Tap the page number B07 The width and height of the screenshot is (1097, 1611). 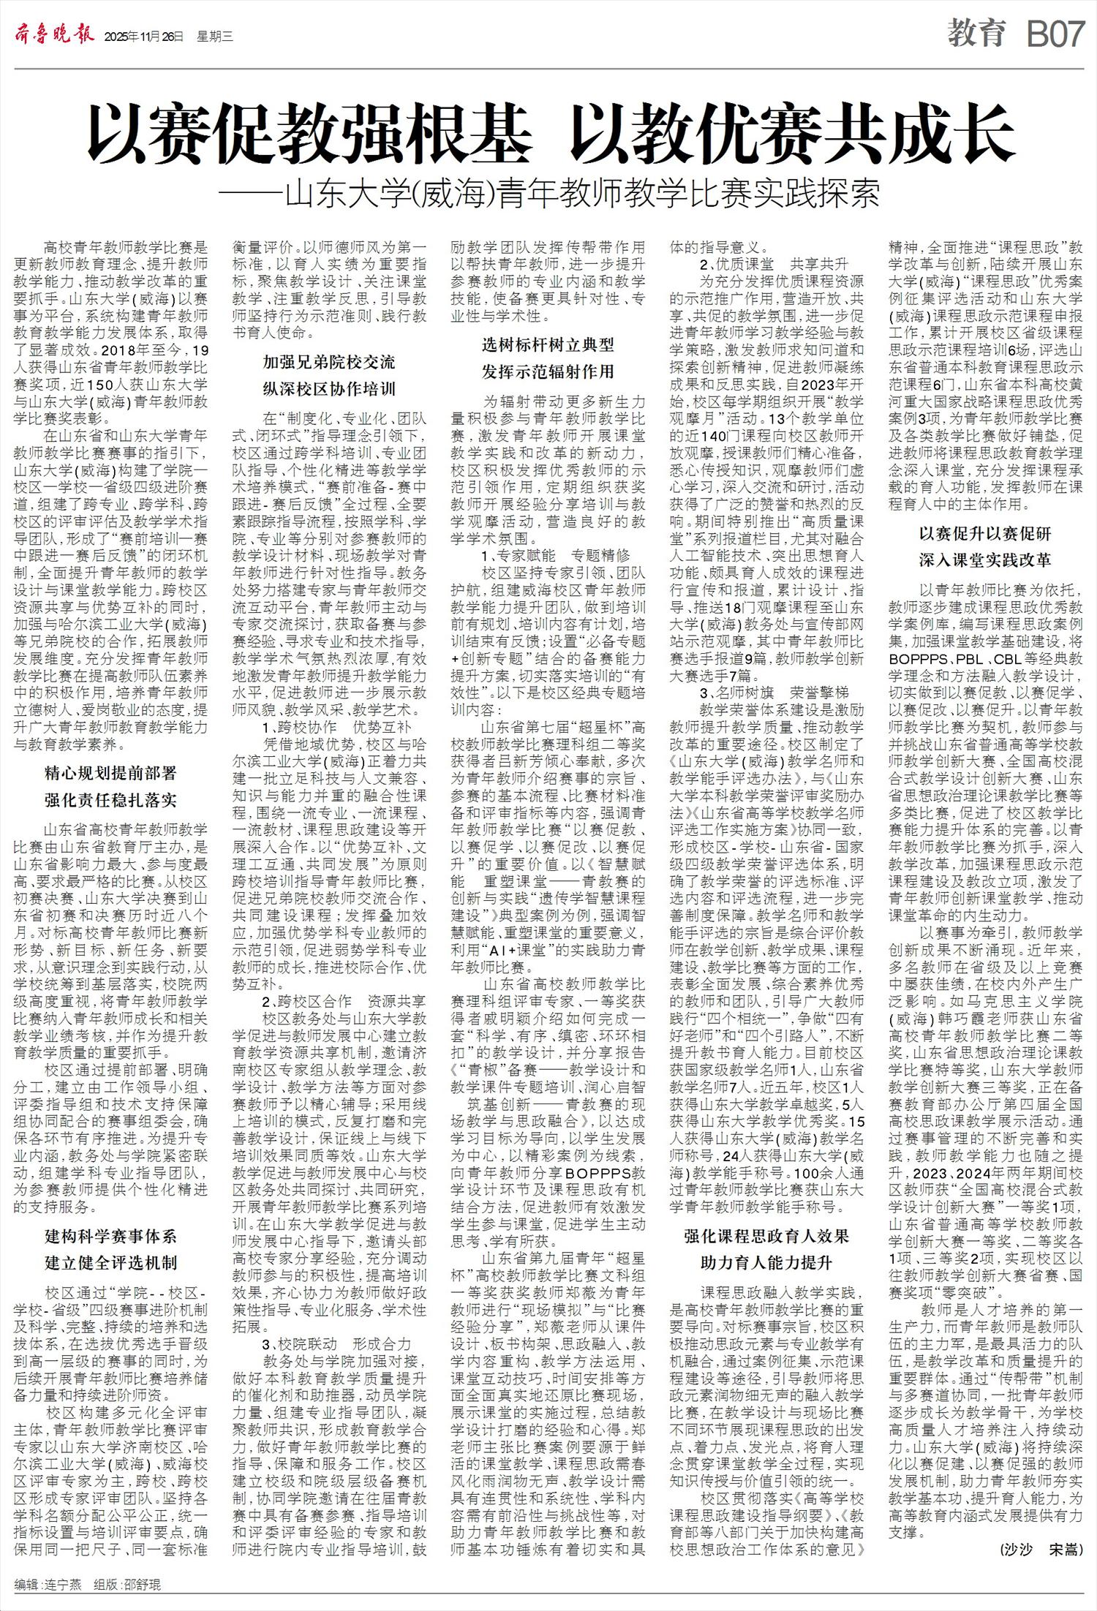pos(1054,34)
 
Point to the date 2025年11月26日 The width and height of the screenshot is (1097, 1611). pos(144,37)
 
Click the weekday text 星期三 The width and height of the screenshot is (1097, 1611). pos(214,37)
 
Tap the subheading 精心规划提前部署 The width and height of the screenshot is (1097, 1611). pos(110,773)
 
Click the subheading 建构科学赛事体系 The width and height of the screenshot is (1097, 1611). pos(110,1237)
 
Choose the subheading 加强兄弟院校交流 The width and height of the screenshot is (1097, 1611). pos(329,362)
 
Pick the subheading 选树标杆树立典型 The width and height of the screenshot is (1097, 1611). pos(548,344)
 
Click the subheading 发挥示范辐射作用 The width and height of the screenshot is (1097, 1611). pos(548,371)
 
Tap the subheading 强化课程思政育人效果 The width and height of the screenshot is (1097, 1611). pos(766,1236)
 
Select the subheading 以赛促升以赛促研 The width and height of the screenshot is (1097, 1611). pos(985,534)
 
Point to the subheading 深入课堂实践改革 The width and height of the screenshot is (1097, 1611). pos(985,560)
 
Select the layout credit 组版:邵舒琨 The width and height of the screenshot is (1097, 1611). pos(127,1585)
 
